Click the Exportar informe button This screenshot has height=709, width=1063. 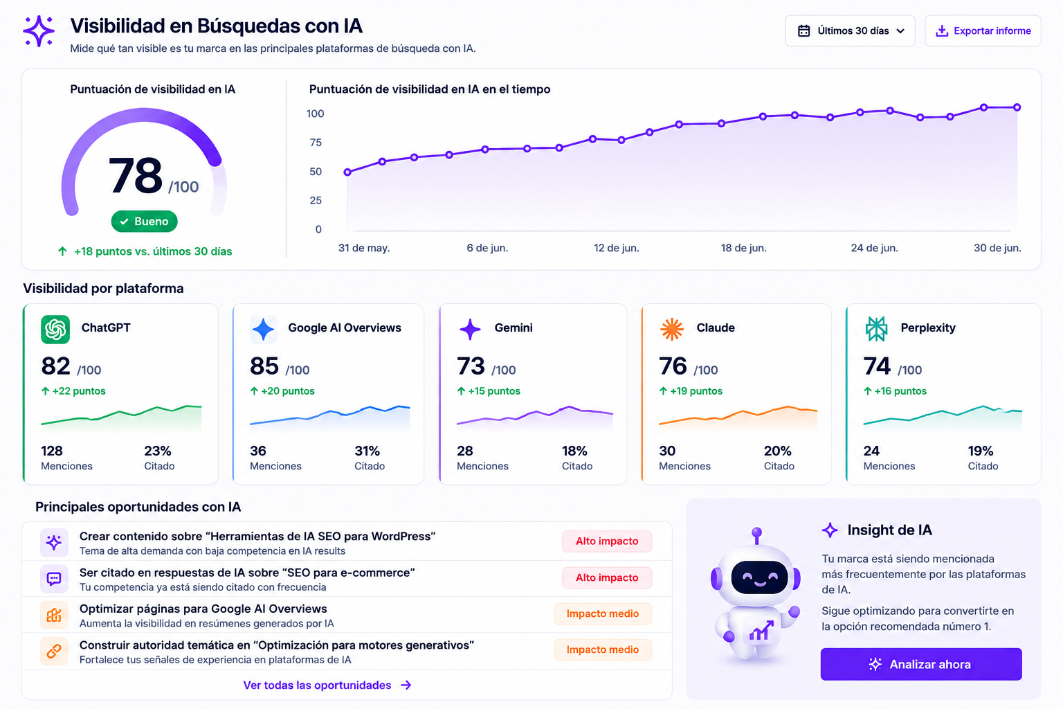(x=983, y=31)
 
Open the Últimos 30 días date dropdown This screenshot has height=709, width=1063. (x=850, y=31)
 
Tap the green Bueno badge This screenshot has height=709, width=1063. (x=144, y=222)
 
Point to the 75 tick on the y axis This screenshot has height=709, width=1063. (x=316, y=143)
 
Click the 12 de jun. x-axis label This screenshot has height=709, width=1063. (x=617, y=248)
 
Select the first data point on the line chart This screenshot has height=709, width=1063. (x=347, y=172)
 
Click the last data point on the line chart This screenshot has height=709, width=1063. (x=1017, y=107)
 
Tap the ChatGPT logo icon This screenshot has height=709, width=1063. (x=55, y=329)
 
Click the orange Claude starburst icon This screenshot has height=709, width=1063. (x=672, y=329)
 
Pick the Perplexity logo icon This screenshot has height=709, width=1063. (x=876, y=329)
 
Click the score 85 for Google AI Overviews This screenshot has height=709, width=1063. (x=264, y=366)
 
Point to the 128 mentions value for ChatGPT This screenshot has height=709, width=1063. (x=52, y=451)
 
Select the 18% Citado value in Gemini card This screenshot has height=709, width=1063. (x=574, y=451)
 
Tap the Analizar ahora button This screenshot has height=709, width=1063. (x=921, y=664)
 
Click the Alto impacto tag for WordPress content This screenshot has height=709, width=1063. (x=607, y=541)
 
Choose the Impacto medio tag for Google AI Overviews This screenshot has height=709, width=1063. (x=603, y=613)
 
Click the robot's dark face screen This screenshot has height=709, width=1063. (x=759, y=577)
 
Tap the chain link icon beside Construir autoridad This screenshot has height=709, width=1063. (x=54, y=651)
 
